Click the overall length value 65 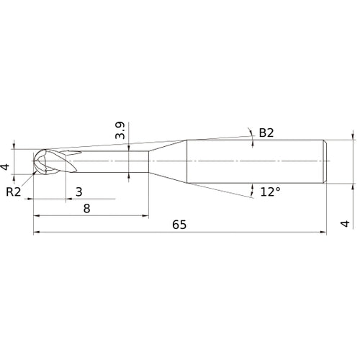(x=179, y=225)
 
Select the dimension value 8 (x=86, y=207)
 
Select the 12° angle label (x=270, y=192)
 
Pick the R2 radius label (x=13, y=192)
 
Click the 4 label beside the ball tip (x=6, y=168)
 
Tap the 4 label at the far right (x=345, y=225)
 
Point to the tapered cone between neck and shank (x=167, y=160)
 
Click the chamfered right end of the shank (x=326, y=160)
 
